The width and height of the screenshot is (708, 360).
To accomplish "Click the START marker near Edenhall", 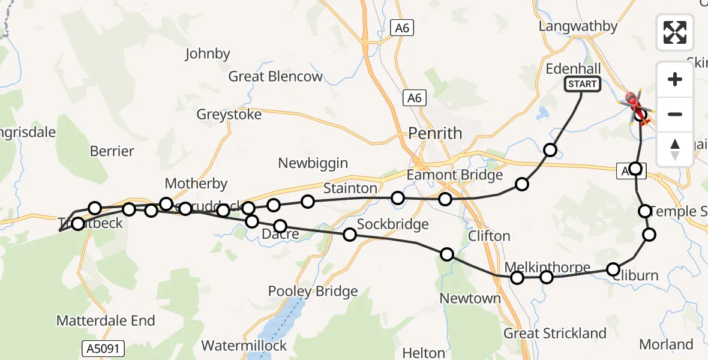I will [x=582, y=84].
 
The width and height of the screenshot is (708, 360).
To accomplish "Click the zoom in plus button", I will [x=675, y=79].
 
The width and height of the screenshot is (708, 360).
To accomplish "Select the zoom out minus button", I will [x=675, y=114].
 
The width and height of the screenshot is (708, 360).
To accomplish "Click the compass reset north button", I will [x=675, y=149].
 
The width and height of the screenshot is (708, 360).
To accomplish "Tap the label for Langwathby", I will [x=578, y=26].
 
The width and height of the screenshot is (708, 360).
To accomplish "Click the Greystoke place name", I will [x=229, y=115].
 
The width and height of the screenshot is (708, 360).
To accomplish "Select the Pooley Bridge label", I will [x=313, y=292].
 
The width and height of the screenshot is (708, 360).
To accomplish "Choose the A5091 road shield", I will [x=97, y=347].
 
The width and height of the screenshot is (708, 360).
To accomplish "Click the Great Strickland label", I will [x=555, y=334].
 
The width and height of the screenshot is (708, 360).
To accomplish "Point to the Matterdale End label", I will [x=106, y=321].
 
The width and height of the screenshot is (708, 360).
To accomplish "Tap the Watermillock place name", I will [x=244, y=346].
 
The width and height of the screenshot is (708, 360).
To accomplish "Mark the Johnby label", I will [x=208, y=54].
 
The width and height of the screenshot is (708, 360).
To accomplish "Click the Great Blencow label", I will [x=275, y=77].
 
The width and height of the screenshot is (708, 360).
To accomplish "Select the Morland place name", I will [x=666, y=344].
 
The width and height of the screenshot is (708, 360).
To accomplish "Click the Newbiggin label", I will [x=313, y=163].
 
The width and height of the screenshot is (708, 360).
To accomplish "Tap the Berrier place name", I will [x=112, y=151].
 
